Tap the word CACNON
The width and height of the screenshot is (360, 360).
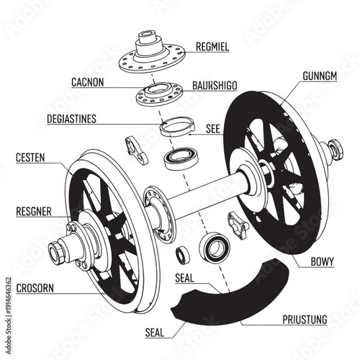pos(88,82)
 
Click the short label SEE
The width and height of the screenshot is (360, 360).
pos(213,130)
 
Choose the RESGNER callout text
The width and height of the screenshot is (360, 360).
pos(34,212)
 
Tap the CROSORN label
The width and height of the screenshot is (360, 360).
pos(35,288)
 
